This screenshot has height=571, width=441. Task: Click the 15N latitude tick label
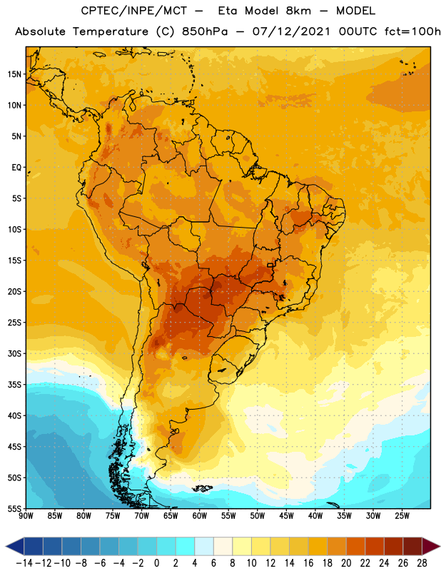[x=14, y=74]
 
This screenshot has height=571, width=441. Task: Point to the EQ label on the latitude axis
[x=16, y=168]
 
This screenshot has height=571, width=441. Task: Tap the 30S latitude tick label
[x=14, y=353]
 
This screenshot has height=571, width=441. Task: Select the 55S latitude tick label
[x=14, y=508]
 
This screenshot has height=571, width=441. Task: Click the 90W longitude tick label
[x=26, y=516]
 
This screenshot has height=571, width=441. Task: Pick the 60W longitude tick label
[x=200, y=516]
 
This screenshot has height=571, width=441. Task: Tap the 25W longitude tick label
[x=402, y=516]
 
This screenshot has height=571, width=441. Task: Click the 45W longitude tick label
[x=286, y=516]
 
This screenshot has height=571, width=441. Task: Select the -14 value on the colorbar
[x=24, y=563]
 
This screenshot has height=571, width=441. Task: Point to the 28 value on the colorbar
[x=422, y=563]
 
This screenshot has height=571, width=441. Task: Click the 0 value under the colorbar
[x=157, y=563]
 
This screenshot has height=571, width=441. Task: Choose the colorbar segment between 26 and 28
[x=412, y=546]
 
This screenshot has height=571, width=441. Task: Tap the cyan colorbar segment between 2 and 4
[x=186, y=546]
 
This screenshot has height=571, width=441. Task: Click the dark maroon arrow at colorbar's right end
[x=430, y=546]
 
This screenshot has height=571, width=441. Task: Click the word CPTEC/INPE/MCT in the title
[x=133, y=11]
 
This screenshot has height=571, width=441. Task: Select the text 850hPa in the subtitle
[x=205, y=31]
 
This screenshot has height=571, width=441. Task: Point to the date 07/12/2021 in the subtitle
[x=291, y=31]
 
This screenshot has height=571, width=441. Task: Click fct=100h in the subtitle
[x=412, y=31]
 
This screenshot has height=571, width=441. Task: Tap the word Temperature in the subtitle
[x=110, y=32]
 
